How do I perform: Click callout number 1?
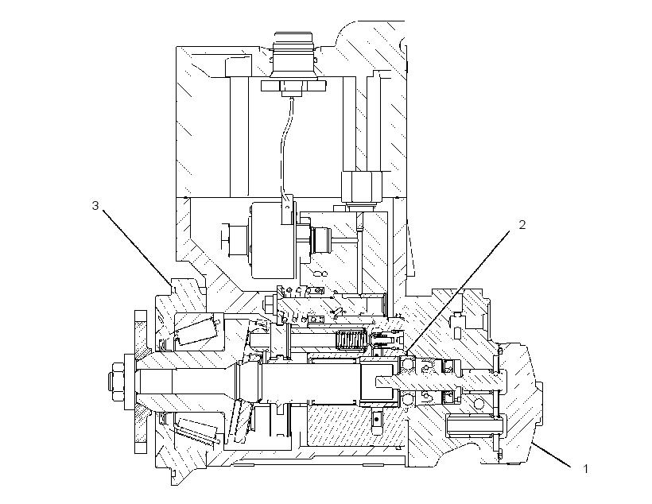point(586,469)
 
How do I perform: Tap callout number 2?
point(522,224)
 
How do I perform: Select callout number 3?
point(95,205)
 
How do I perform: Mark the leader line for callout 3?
point(137,248)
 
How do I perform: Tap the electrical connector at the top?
point(293,62)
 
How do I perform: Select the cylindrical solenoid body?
point(273,240)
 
